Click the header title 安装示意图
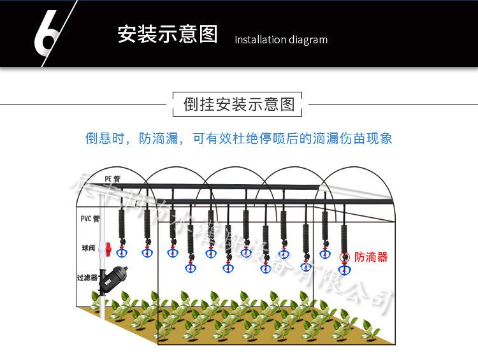coord(168,34)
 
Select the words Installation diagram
coord(281,40)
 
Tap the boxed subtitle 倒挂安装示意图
coord(239,104)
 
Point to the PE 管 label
coord(113,178)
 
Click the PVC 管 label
coord(90,219)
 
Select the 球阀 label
coord(88,247)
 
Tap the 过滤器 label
coord(87,278)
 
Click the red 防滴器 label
coord(371,257)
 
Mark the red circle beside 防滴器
coord(345,257)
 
